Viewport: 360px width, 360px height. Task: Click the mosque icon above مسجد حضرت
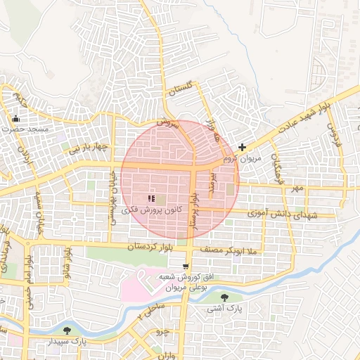16,118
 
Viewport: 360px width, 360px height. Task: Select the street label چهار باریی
87,148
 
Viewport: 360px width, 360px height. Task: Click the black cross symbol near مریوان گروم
243,147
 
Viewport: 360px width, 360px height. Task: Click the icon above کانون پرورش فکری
151,199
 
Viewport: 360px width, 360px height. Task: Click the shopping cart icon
185,266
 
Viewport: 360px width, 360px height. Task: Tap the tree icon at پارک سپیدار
67,330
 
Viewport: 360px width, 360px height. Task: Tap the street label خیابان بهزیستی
111,197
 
